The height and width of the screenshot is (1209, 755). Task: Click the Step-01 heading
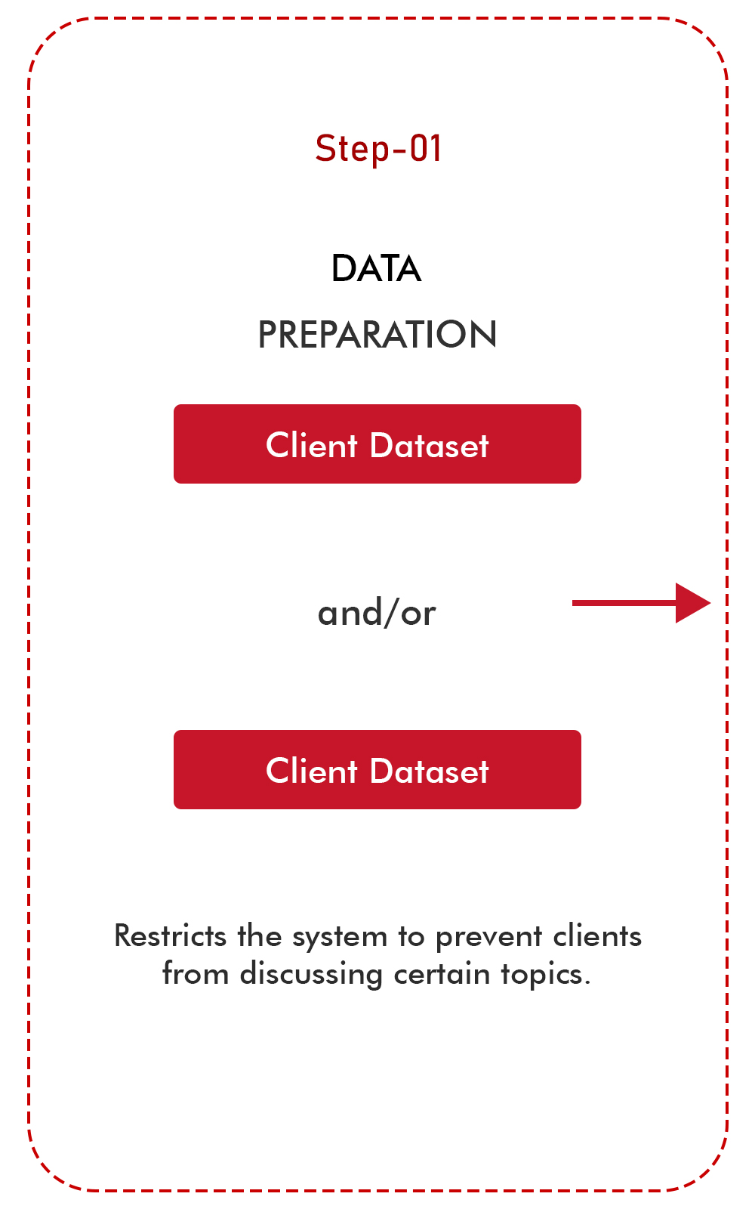[377, 148]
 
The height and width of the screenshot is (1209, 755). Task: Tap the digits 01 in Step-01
[426, 148]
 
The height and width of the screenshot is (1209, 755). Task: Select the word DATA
[376, 269]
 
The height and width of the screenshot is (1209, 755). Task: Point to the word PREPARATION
[377, 335]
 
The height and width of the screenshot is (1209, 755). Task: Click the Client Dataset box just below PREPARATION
[377, 444]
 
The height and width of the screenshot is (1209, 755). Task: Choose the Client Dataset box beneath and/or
[377, 770]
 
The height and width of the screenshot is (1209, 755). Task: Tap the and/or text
[377, 613]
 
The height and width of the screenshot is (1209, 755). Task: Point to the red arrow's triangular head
[692, 603]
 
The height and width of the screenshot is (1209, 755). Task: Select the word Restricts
[170, 936]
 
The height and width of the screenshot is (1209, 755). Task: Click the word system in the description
[340, 938]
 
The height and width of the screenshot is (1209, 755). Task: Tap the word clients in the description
[597, 936]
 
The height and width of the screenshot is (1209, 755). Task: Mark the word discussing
[311, 975]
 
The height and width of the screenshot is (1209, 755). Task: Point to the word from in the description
[195, 974]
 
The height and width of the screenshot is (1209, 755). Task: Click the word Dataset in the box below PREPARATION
[430, 446]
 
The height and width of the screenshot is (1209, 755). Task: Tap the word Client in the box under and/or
[311, 771]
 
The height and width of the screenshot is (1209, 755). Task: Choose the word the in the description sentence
[260, 936]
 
